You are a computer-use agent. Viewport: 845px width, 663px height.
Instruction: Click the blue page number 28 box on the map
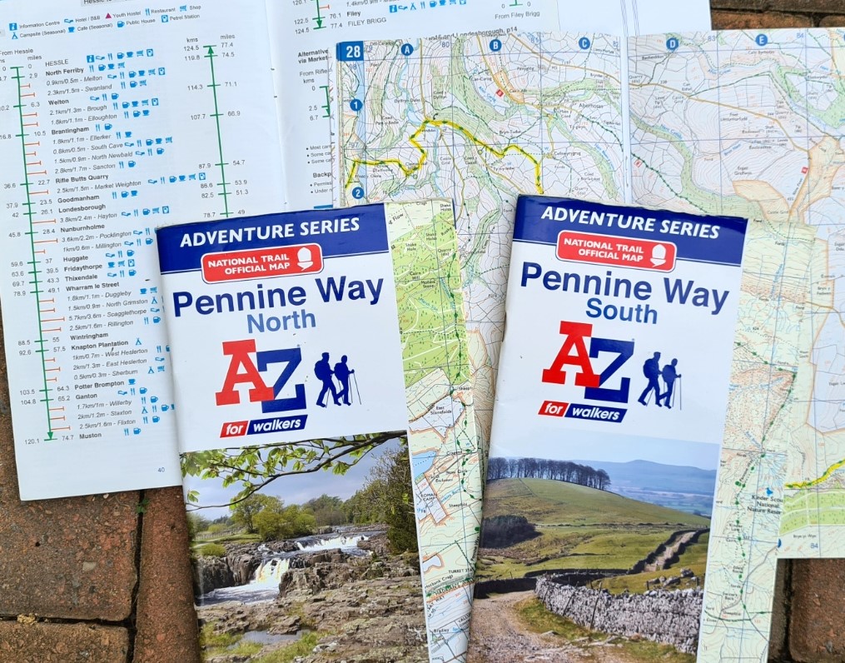[350, 52]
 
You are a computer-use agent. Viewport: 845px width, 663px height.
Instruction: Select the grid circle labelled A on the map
[407, 49]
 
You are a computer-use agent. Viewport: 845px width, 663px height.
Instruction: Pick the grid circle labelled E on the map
[761, 39]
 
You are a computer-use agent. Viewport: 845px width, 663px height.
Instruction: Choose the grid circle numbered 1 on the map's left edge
[356, 105]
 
